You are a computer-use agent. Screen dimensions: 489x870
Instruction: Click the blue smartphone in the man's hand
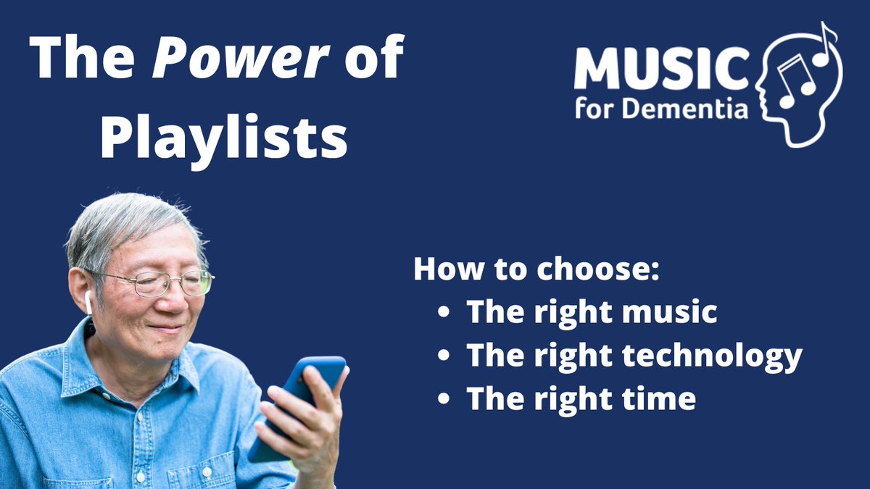[297, 406]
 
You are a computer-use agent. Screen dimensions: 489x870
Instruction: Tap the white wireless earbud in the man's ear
[88, 301]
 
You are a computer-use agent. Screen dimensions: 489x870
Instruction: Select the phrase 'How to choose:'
[537, 269]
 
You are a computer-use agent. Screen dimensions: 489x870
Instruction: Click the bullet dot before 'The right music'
[444, 313]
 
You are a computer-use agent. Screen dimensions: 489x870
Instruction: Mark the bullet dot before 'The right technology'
[444, 356]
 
